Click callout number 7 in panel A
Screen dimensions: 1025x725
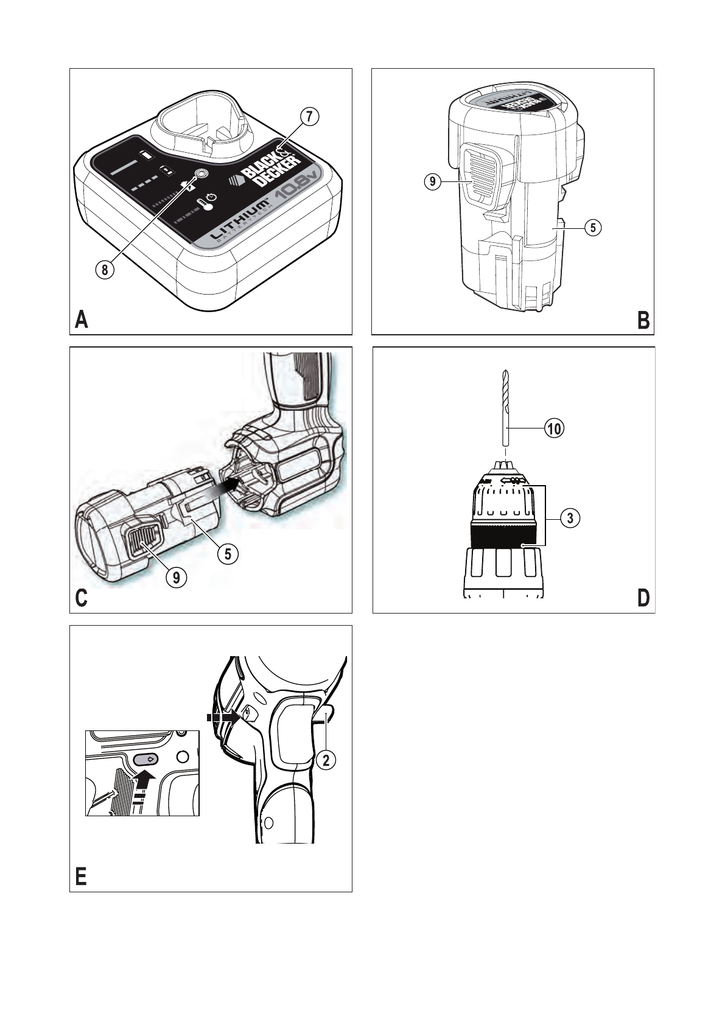pyautogui.click(x=309, y=116)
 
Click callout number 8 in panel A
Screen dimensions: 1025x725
pyautogui.click(x=105, y=270)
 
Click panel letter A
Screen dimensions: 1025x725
pyautogui.click(x=81, y=320)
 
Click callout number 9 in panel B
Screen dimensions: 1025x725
pyautogui.click(x=432, y=181)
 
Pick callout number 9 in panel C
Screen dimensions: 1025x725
pyautogui.click(x=177, y=576)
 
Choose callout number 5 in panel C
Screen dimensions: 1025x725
pyautogui.click(x=228, y=553)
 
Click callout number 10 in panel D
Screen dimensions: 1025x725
pyautogui.click(x=554, y=429)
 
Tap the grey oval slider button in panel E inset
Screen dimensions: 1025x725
pyautogui.click(x=146, y=759)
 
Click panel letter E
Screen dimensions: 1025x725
pyautogui.click(x=80, y=877)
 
